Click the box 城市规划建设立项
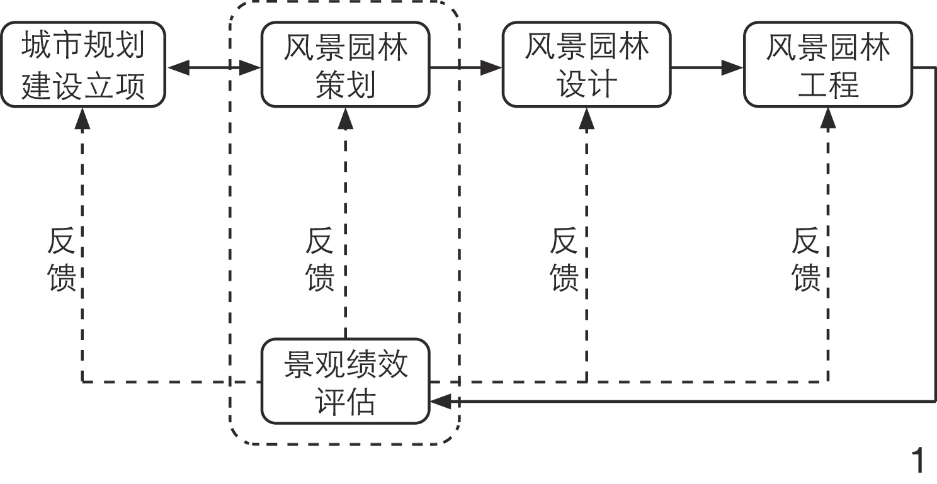pos(83,65)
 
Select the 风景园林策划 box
pos(345,65)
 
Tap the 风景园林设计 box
pos(586,65)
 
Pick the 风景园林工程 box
pos(827,65)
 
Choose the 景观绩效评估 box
pos(345,381)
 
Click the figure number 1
pos(919,462)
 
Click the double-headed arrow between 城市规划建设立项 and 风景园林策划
pos(214,67)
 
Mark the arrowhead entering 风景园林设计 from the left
pos(492,67)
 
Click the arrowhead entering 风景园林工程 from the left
pos(733,67)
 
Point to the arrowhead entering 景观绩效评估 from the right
pos(440,400)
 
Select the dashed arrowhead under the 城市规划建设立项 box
pos(83,118)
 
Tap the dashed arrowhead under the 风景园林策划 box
pos(345,118)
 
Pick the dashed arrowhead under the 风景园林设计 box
pos(587,118)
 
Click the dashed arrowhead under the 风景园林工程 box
pos(828,118)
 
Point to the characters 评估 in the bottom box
pos(344,402)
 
